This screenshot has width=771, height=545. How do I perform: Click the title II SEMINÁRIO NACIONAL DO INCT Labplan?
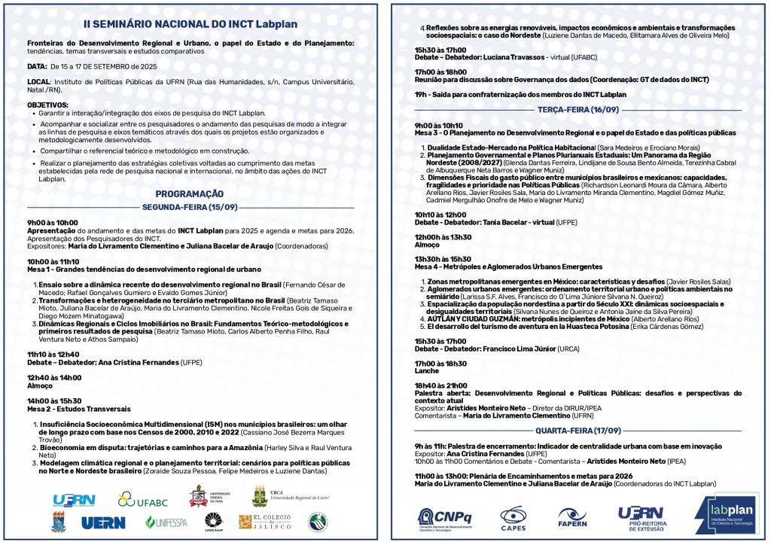point(189,23)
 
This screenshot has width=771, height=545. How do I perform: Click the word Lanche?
point(426,371)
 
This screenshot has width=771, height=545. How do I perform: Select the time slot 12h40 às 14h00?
point(53,377)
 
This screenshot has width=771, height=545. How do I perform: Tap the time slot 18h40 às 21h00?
point(440,385)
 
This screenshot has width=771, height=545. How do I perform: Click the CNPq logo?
point(443,516)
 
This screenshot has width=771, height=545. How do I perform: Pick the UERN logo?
point(103,522)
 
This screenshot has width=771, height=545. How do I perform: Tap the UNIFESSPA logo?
point(166,522)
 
